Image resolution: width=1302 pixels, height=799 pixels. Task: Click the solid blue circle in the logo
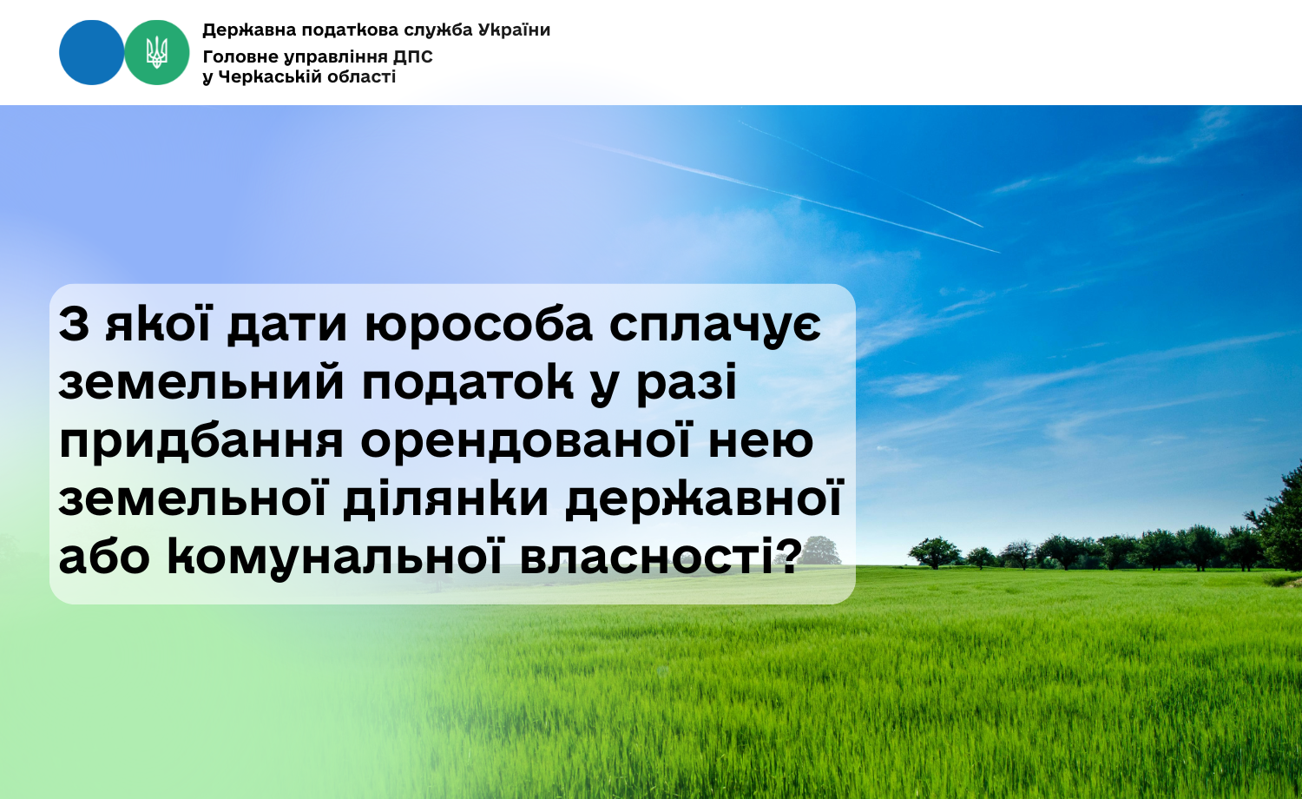click(92, 52)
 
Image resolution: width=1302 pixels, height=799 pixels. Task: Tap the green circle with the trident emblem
click(157, 52)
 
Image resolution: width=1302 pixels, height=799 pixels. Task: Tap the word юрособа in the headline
click(478, 326)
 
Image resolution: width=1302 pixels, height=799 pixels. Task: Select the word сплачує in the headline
click(715, 327)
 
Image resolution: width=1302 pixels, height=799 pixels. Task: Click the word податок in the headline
click(468, 384)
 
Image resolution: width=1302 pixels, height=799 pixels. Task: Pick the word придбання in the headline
click(201, 442)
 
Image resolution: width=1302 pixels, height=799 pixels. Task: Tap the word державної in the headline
click(704, 500)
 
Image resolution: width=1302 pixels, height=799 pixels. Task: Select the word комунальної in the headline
click(334, 557)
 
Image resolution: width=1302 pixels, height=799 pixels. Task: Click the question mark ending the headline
click(788, 555)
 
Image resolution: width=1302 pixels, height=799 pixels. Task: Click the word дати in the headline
click(286, 327)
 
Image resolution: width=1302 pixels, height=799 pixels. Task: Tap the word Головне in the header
click(239, 57)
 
